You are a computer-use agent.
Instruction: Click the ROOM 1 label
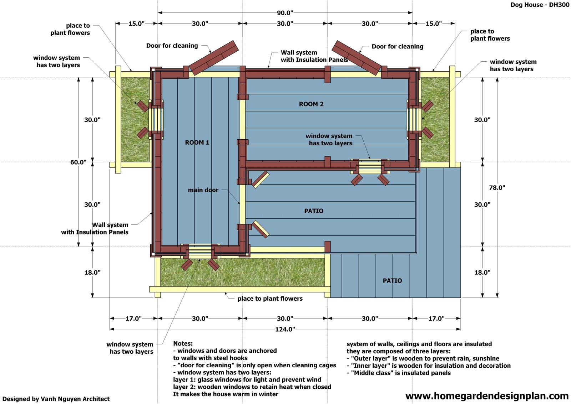197,143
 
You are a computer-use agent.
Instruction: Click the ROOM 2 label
311,104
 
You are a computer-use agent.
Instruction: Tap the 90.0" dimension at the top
285,13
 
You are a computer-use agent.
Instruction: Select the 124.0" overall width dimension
285,329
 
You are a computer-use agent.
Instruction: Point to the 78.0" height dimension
497,188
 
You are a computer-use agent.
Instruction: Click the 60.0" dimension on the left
78,162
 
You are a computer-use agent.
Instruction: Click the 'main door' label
203,190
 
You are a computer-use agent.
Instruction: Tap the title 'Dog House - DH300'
540,5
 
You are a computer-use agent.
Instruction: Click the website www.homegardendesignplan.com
487,396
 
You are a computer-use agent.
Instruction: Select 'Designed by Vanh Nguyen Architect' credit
56,399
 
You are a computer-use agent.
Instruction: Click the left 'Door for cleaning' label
172,46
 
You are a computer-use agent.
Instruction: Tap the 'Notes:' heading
183,343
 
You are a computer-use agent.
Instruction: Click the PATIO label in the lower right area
392,281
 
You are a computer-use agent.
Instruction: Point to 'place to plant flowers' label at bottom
270,299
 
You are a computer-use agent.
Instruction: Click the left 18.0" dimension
92,273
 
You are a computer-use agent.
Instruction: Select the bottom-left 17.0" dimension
133,318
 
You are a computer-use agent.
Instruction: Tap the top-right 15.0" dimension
433,24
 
